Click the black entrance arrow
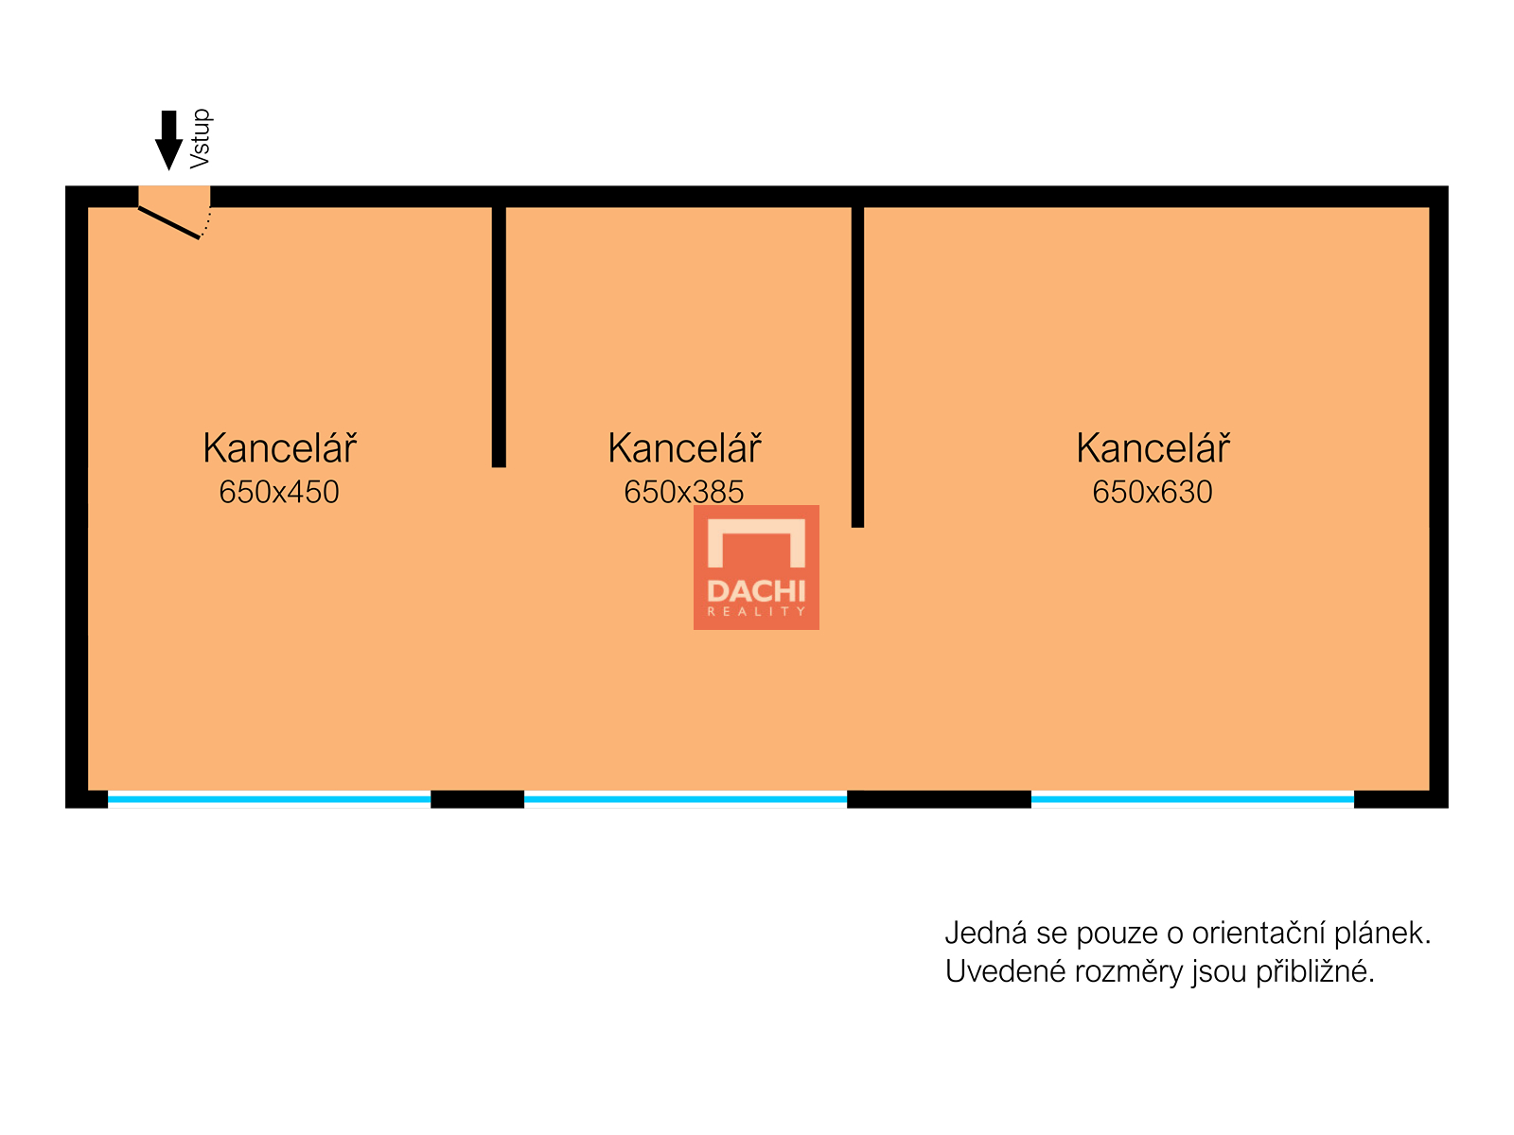click(168, 140)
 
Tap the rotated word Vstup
click(200, 139)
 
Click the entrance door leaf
click(169, 222)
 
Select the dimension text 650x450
click(278, 492)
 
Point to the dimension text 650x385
click(683, 492)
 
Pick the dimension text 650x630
click(1152, 492)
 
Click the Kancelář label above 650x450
click(279, 448)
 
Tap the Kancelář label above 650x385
click(684, 448)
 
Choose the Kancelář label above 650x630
click(1153, 448)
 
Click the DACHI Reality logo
click(756, 567)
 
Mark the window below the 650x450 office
click(269, 799)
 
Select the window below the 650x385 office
click(685, 799)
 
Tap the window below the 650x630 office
click(1192, 799)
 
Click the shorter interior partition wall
click(499, 336)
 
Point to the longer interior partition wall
click(857, 365)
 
